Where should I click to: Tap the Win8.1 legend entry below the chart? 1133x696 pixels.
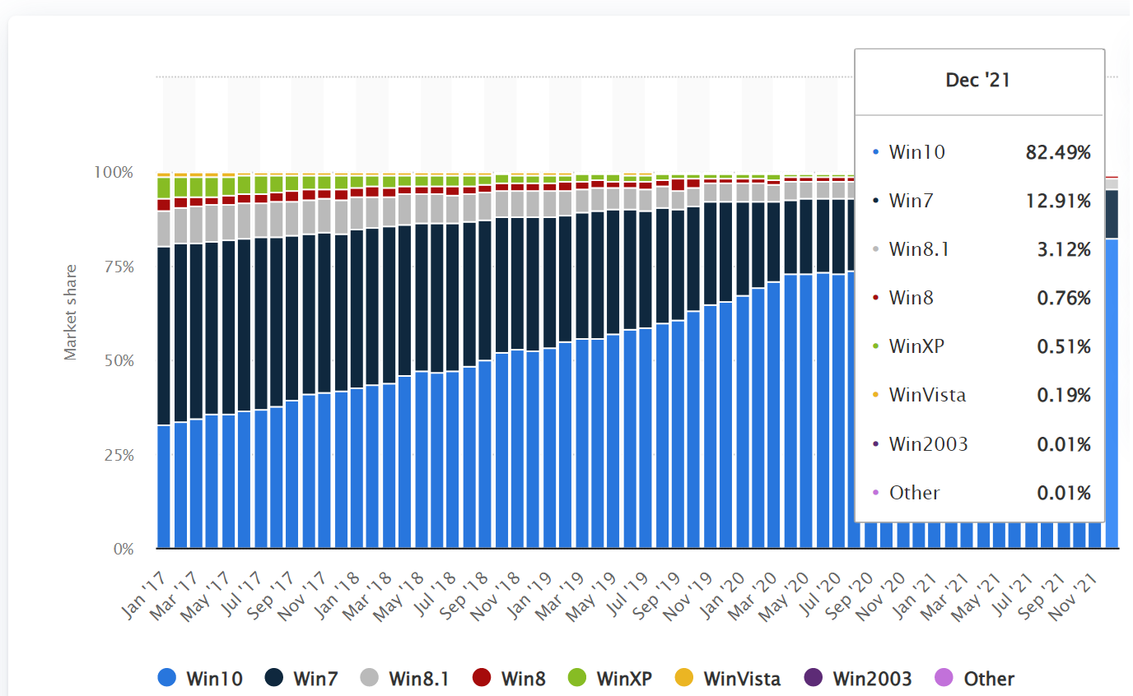[x=405, y=679]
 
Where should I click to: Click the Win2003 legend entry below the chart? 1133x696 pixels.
[x=860, y=679]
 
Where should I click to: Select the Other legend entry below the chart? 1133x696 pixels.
[x=976, y=679]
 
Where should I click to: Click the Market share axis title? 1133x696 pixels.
[x=71, y=312]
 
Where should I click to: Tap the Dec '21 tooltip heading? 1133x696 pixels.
[x=979, y=81]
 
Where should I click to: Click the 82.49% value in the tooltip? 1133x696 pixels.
[x=1058, y=152]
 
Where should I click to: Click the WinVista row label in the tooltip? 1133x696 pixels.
[x=927, y=395]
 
